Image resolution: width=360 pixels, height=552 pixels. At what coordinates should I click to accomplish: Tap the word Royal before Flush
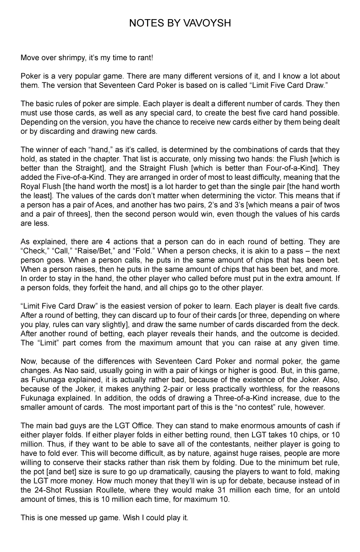30,187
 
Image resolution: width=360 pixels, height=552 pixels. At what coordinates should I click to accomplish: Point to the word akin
261,251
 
